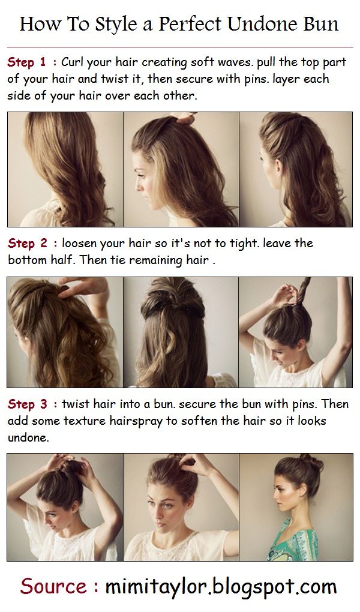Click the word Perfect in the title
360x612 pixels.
pos(190,24)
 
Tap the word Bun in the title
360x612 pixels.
pos(322,24)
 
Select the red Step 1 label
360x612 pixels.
pos(26,62)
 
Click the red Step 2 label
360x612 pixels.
pos(27,244)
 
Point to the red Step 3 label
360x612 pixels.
pos(27,404)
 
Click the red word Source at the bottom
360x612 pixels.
pos(54,587)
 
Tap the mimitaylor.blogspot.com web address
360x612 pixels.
pos(221,587)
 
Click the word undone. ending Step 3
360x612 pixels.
pos(28,438)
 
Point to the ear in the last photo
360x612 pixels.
pos(302,490)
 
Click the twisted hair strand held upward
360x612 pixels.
pos(303,291)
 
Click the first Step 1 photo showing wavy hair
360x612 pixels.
pos(65,169)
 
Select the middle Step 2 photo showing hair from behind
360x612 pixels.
pos(181,332)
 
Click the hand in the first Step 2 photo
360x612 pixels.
pos(83,287)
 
